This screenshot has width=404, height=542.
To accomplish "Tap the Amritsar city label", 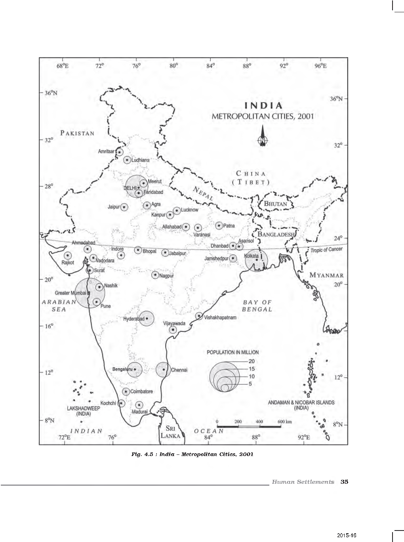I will coord(106,151).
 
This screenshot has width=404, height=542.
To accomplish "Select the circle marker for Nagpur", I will coord(155,275).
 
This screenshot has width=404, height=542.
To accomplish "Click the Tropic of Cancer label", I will coord(327,250).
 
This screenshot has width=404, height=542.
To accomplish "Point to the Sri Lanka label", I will coord(171,432).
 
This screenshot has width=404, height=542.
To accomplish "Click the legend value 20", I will coord(252,361).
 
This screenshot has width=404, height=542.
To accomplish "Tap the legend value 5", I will coord(250,384).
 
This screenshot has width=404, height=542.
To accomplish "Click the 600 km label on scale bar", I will coord(284,422).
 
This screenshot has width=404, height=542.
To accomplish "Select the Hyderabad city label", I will coord(133,319).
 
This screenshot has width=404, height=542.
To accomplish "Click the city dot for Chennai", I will coord(164,370).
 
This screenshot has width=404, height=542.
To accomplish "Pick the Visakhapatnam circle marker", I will coord(199,316).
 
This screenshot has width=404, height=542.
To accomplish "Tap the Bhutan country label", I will coord(276,204).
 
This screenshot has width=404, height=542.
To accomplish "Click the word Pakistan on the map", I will coord(77,133).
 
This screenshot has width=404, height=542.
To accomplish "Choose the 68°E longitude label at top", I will coord(63,66).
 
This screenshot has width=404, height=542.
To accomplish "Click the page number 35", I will coord(344,482).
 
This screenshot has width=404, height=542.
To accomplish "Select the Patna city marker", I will coord(219,225).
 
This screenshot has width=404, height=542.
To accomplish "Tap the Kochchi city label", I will coord(108,403).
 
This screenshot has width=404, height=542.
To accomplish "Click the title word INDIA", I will coord(264,105).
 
